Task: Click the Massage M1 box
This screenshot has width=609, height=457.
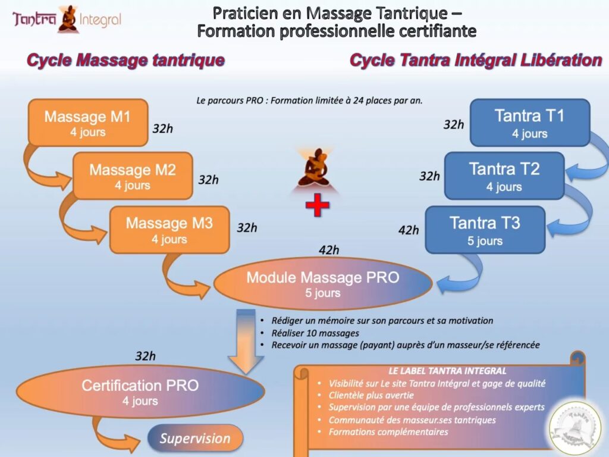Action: click(x=88, y=123)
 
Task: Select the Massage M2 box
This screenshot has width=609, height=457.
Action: click(x=133, y=176)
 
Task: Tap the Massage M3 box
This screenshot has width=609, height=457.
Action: click(x=169, y=230)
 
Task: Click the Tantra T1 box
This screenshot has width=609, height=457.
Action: click(x=529, y=123)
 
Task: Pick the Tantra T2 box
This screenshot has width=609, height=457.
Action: click(x=504, y=176)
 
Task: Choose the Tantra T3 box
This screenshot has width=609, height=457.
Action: click(x=485, y=230)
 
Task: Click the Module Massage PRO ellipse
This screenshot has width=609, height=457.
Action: click(x=323, y=284)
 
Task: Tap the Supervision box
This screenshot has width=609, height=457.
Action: click(x=195, y=439)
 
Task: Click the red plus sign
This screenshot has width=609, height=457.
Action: click(x=317, y=205)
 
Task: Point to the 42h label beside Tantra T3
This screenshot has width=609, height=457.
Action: click(x=409, y=230)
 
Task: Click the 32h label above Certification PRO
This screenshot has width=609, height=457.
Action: click(x=145, y=356)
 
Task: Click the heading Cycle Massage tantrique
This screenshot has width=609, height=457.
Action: click(x=125, y=60)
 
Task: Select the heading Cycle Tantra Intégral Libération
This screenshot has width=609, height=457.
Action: click(x=476, y=60)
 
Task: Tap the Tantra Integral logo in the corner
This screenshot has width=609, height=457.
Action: click(x=67, y=20)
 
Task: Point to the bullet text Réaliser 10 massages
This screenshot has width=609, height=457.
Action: click(x=315, y=333)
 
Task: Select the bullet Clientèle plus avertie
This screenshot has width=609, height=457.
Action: click(x=371, y=395)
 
